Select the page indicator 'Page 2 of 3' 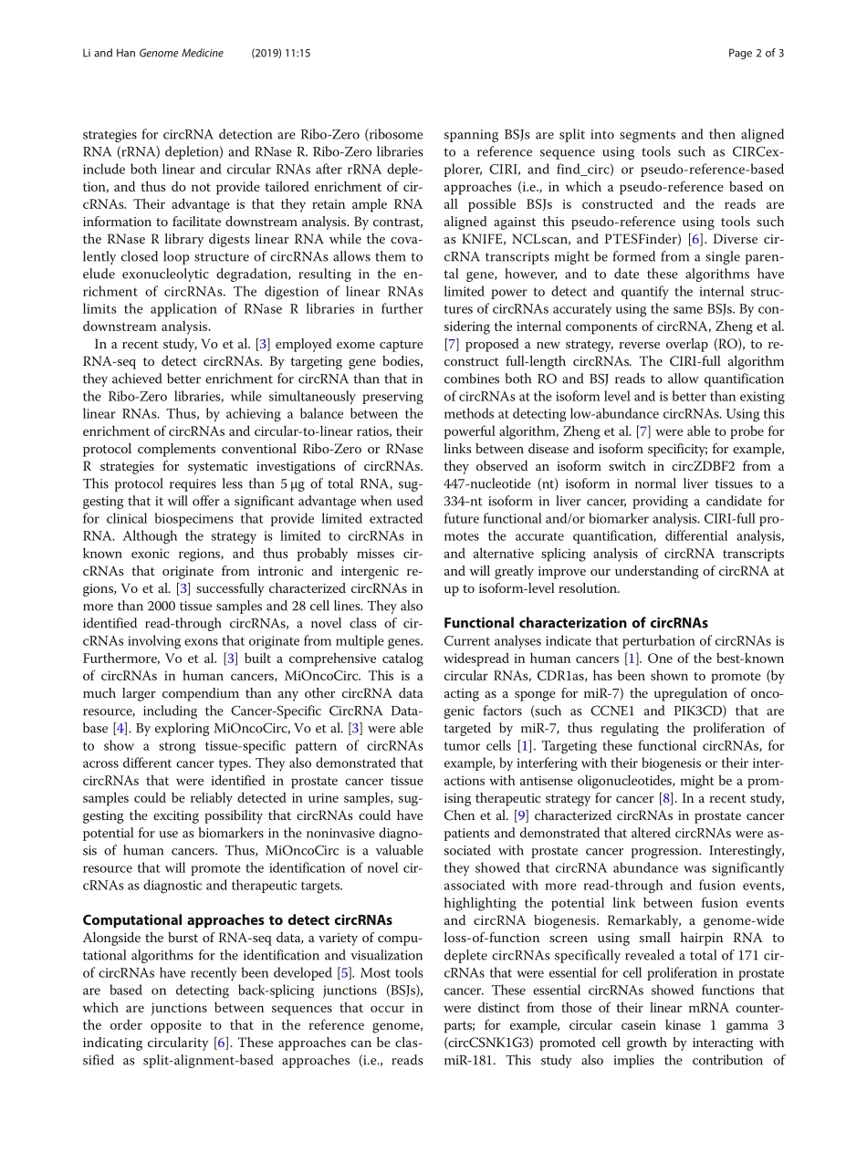click(x=756, y=53)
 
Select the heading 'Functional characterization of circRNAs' click(x=575, y=623)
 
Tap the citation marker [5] click(x=344, y=973)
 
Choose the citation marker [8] click(x=668, y=798)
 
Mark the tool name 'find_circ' click(x=591, y=169)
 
